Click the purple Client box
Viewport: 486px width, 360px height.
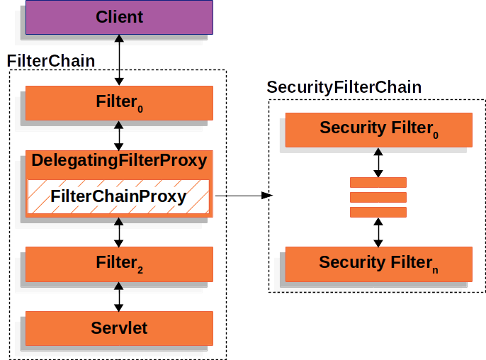point(119,17)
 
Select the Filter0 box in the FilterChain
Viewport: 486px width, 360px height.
point(119,103)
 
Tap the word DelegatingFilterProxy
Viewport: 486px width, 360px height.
point(119,160)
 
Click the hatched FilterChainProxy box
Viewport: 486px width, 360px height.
point(119,196)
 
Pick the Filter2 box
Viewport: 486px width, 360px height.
point(119,264)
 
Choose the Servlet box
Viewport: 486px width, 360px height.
point(119,328)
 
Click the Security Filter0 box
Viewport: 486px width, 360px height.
point(378,128)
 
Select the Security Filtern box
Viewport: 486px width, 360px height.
point(378,263)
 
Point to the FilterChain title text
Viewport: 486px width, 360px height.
point(51,61)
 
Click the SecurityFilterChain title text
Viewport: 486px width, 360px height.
point(344,87)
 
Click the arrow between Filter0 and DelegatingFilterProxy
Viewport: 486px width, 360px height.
point(119,135)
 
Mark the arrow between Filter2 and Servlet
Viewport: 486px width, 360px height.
point(119,296)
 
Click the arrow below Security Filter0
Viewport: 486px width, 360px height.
point(378,162)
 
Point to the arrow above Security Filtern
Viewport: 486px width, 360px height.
point(378,232)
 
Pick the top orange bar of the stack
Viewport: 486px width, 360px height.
point(378,182)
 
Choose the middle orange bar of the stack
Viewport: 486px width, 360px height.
point(378,197)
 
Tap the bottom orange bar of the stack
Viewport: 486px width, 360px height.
point(378,211)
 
